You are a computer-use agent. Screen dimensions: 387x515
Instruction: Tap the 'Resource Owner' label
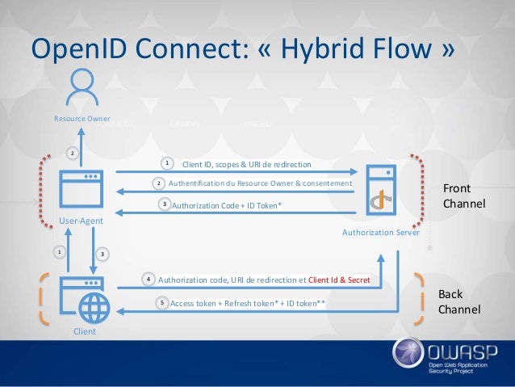[82, 120]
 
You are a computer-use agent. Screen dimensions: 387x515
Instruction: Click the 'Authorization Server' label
[381, 232]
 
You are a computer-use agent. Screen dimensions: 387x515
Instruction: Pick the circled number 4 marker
[149, 279]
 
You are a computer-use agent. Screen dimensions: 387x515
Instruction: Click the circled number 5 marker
[161, 303]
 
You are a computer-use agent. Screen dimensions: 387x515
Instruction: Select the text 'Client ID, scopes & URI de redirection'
[246, 164]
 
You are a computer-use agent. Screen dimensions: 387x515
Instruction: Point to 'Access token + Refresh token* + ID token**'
[248, 304]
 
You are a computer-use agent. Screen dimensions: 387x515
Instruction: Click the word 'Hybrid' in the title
[333, 48]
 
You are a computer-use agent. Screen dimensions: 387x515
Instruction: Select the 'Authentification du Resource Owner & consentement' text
[260, 184]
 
